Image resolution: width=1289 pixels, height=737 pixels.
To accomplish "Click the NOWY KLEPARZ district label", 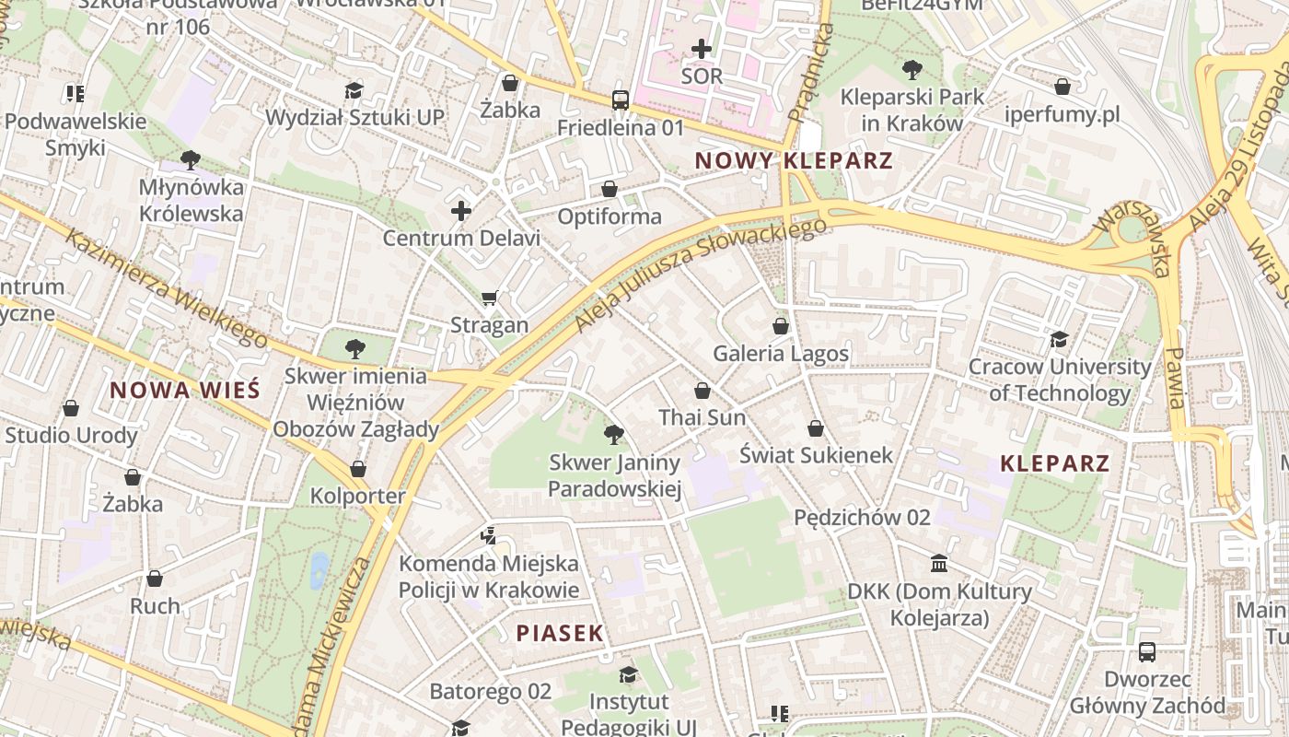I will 793,160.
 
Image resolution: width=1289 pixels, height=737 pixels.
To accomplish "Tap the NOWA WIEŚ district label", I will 184,390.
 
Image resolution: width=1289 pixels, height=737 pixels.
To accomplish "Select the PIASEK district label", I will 560,633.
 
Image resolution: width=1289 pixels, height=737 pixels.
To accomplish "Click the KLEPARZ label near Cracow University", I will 1054,463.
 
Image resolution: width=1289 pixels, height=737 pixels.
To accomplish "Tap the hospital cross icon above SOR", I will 702,48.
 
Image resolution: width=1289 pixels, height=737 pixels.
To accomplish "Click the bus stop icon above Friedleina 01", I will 621,100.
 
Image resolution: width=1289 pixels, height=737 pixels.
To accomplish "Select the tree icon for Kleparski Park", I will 912,69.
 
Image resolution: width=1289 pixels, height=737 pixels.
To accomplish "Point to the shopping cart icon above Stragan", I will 489,298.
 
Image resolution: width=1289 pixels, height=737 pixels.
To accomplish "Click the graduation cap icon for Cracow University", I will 1059,339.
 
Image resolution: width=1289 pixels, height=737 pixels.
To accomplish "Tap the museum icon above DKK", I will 938,563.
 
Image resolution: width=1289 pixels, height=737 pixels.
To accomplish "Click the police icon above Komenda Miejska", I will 489,535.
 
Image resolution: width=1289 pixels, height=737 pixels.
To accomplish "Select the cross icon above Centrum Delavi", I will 461,211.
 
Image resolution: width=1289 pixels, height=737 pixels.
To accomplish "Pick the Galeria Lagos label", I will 781,354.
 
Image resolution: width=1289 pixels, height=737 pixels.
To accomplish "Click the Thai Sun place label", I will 702,418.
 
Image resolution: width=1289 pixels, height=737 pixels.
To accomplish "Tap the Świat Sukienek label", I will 816,455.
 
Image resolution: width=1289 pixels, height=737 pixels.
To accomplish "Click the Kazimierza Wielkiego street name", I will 166,288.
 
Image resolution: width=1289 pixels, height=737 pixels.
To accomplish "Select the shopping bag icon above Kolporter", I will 358,469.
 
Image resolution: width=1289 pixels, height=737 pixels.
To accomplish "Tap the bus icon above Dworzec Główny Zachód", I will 1147,652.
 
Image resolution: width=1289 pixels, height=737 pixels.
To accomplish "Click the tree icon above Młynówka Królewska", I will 191,160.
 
